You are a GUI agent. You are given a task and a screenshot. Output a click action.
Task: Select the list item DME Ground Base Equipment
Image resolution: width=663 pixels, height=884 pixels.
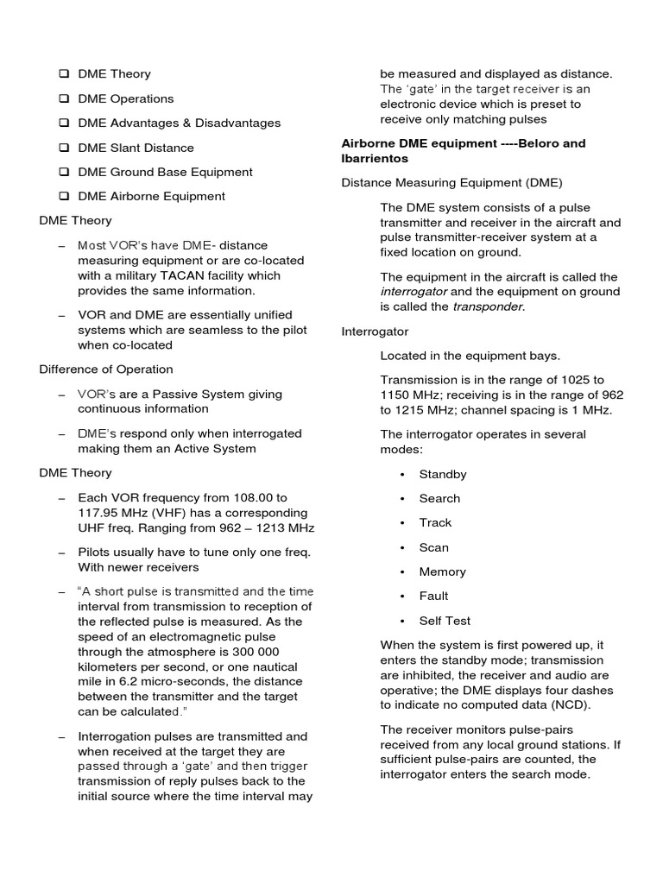click(x=165, y=172)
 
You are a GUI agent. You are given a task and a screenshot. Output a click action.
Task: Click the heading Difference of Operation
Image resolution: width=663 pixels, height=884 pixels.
click(x=106, y=369)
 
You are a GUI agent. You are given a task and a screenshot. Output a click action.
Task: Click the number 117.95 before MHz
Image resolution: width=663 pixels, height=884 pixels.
click(x=99, y=513)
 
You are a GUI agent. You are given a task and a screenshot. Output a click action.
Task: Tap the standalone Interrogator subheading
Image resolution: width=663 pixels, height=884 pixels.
click(x=375, y=331)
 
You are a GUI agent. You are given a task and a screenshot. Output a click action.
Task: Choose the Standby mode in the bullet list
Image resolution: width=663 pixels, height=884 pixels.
click(x=443, y=474)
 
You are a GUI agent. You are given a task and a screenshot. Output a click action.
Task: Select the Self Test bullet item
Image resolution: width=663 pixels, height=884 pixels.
click(x=445, y=621)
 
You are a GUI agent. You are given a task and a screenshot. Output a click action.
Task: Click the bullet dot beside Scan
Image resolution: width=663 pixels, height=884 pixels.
click(x=402, y=548)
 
